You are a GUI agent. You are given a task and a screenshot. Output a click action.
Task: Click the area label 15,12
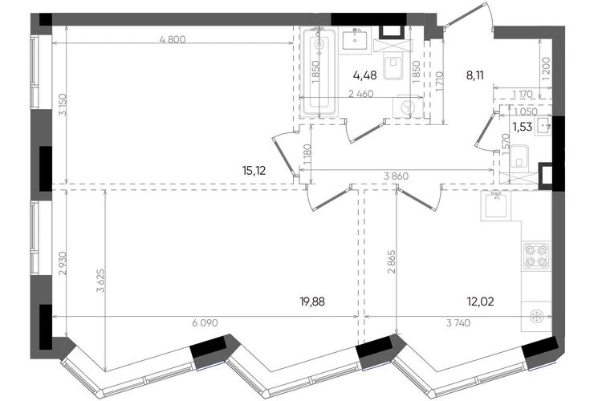pyautogui.click(x=254, y=170)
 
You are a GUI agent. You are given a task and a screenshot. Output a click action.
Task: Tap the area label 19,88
pyautogui.click(x=312, y=302)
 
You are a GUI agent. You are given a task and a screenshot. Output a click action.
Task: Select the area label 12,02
pyautogui.click(x=481, y=302)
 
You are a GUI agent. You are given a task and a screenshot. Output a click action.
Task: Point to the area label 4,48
pyautogui.click(x=364, y=75)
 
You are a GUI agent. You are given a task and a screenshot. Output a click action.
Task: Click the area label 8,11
pyautogui.click(x=475, y=75)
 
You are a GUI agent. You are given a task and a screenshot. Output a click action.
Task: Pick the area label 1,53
pyautogui.click(x=523, y=127)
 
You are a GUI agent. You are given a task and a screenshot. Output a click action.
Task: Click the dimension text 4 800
pyautogui.click(x=173, y=39)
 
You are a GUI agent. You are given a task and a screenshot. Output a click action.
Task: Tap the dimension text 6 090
pyautogui.click(x=205, y=323)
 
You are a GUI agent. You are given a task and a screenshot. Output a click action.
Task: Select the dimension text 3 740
pyautogui.click(x=458, y=323)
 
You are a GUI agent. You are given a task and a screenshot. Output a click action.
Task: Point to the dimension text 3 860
pyautogui.click(x=397, y=176)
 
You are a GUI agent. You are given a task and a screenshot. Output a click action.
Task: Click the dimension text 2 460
pyautogui.click(x=360, y=94)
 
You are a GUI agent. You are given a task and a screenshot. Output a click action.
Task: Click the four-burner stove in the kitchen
pyautogui.click(x=536, y=256)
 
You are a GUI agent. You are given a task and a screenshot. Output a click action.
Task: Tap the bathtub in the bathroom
pyautogui.click(x=319, y=71)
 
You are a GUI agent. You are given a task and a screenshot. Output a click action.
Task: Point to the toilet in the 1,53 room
pyautogui.click(x=519, y=160)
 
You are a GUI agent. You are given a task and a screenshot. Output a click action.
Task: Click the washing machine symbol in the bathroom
pyautogui.click(x=407, y=107)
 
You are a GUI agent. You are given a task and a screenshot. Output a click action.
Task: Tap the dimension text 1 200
pyautogui.click(x=547, y=68)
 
